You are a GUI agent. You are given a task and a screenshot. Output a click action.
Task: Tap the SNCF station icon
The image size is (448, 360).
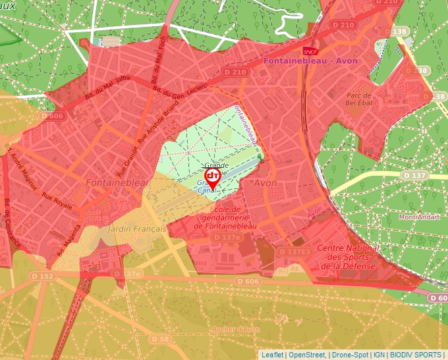[309, 51]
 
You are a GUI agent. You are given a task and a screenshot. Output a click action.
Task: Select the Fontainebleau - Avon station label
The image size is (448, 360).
[310, 61]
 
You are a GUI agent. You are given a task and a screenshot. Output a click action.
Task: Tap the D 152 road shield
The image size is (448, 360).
[44, 276]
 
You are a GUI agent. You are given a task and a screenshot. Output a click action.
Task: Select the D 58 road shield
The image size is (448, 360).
[160, 339]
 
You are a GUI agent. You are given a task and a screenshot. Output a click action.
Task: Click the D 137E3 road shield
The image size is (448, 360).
[293, 251]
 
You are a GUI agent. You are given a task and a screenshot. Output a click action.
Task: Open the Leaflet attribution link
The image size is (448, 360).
[272, 355]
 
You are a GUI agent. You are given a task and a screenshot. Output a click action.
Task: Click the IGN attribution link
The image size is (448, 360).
[378, 355]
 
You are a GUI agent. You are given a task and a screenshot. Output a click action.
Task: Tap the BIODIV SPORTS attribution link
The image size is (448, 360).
[416, 355]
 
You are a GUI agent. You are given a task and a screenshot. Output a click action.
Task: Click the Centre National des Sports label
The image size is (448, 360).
[348, 257]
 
